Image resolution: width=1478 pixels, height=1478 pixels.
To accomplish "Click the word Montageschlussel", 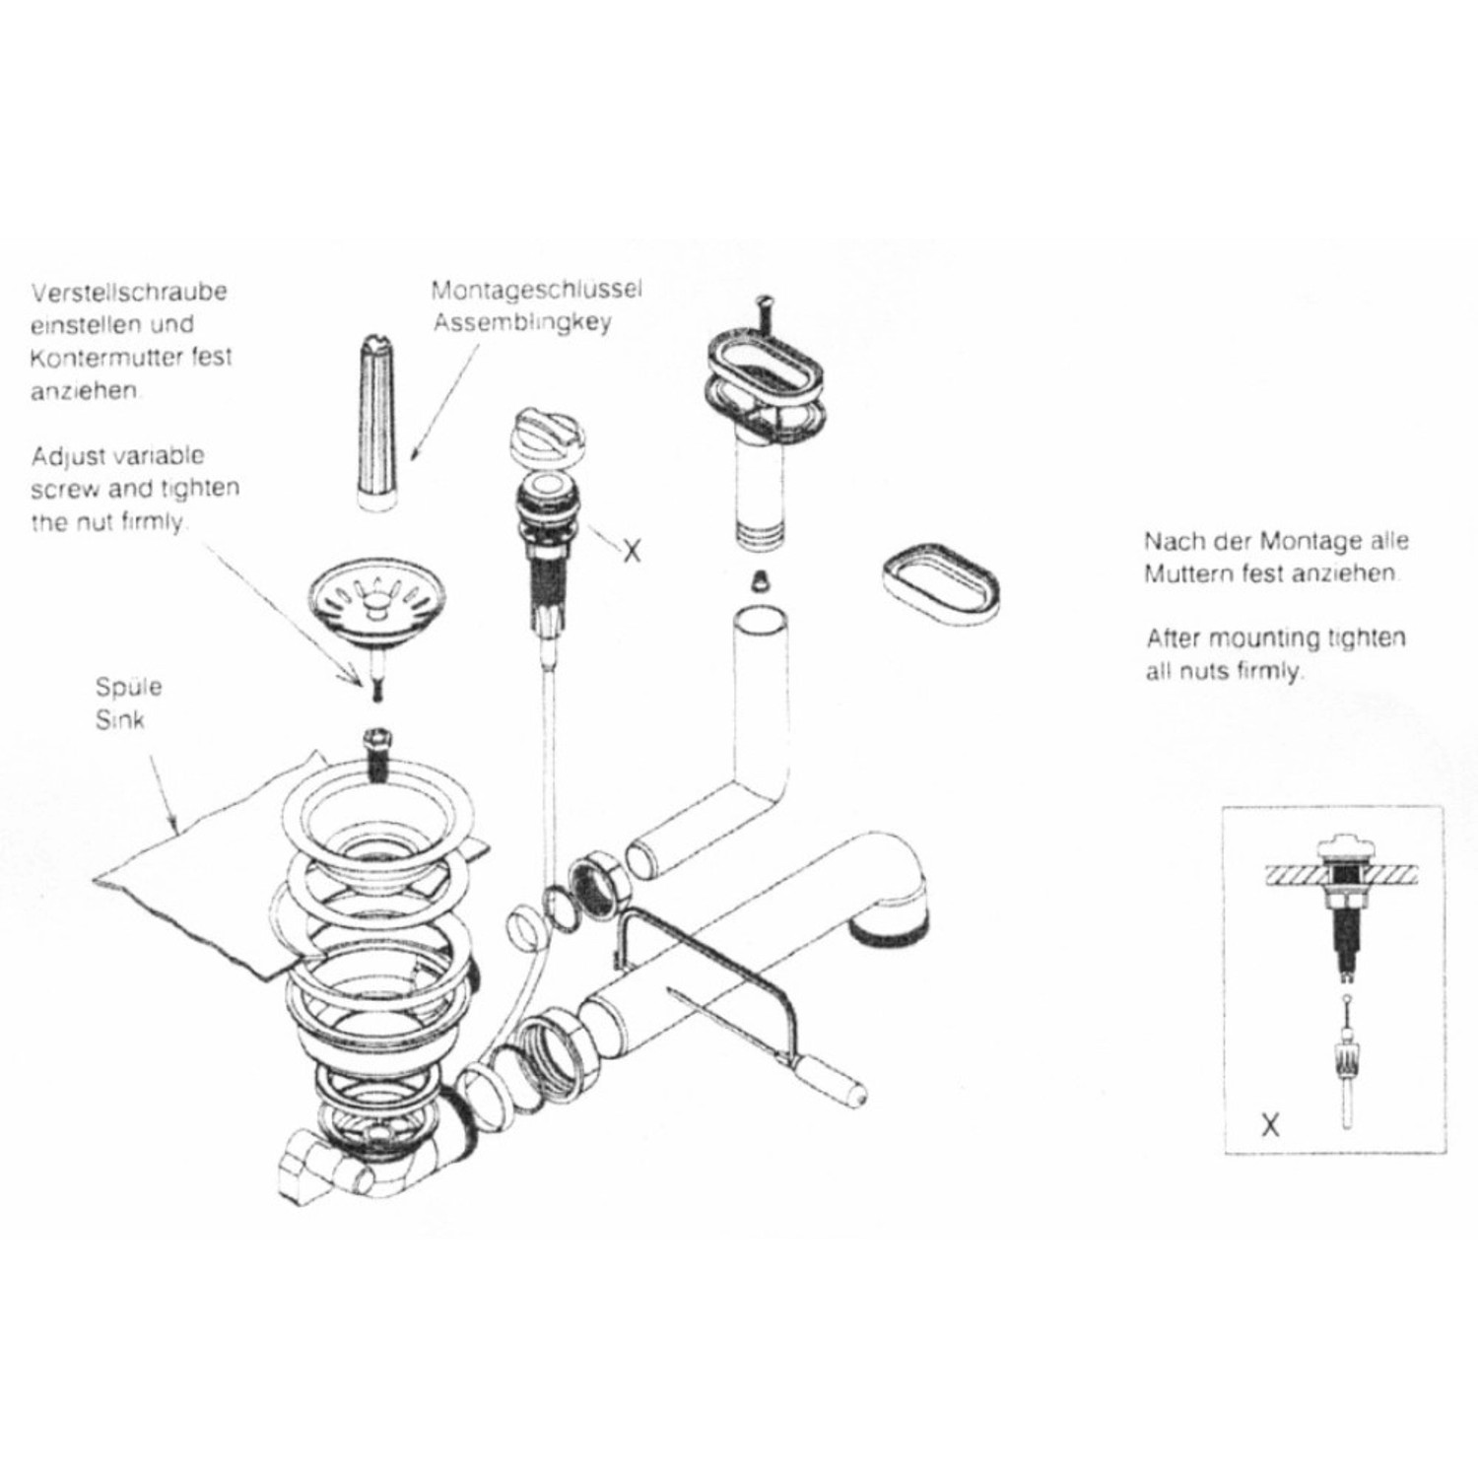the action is pos(536,291).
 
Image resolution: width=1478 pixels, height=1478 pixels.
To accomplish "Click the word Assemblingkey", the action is pos(522,322).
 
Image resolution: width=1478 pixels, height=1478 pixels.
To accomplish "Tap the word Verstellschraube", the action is pos(129,293).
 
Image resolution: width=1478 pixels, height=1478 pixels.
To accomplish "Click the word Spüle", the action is pos(128,687).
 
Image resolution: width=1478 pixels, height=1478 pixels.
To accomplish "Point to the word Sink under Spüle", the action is pos(119,720).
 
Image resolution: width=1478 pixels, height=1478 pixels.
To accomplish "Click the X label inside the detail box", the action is pos(1270,1124).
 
